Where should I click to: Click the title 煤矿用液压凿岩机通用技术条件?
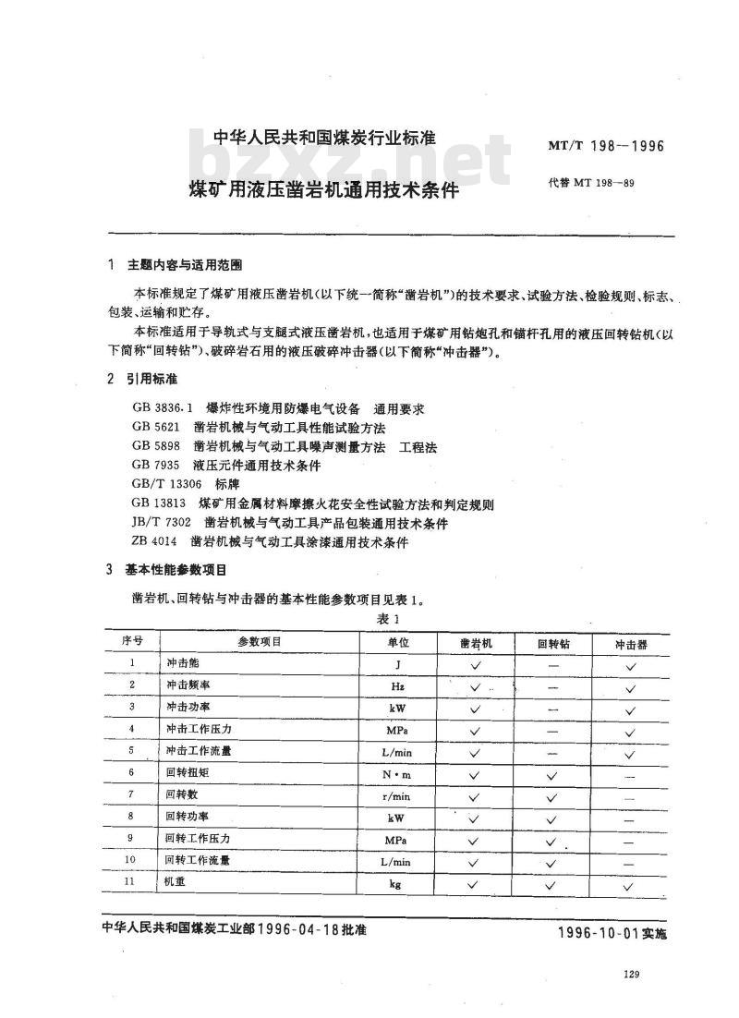tap(324, 191)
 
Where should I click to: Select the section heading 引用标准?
tap(154, 380)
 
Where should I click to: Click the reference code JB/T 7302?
tap(161, 524)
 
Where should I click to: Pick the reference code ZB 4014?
tap(155, 542)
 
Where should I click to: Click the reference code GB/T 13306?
tap(165, 485)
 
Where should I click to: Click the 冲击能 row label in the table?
tap(182, 664)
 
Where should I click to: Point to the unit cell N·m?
tap(397, 772)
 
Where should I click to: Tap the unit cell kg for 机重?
tap(397, 884)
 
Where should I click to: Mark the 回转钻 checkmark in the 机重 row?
tap(551, 884)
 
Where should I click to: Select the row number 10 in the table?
tap(131, 861)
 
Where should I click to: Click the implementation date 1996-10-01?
tap(598, 932)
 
